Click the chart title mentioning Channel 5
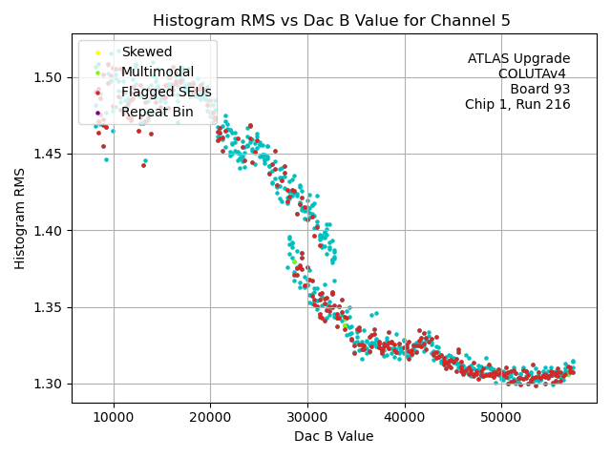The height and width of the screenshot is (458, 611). point(331,21)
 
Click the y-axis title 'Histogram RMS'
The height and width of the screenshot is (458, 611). point(20,219)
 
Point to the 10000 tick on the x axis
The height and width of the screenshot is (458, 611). point(114,418)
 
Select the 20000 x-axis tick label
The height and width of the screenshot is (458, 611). point(210,418)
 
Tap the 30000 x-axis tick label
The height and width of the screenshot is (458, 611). point(307,418)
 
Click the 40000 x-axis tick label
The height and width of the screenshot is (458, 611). point(405,418)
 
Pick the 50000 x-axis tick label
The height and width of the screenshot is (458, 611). point(501,418)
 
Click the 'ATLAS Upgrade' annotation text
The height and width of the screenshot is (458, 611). point(518,59)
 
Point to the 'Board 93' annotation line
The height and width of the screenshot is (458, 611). point(539,89)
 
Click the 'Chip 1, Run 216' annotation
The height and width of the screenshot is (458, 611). point(517,104)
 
